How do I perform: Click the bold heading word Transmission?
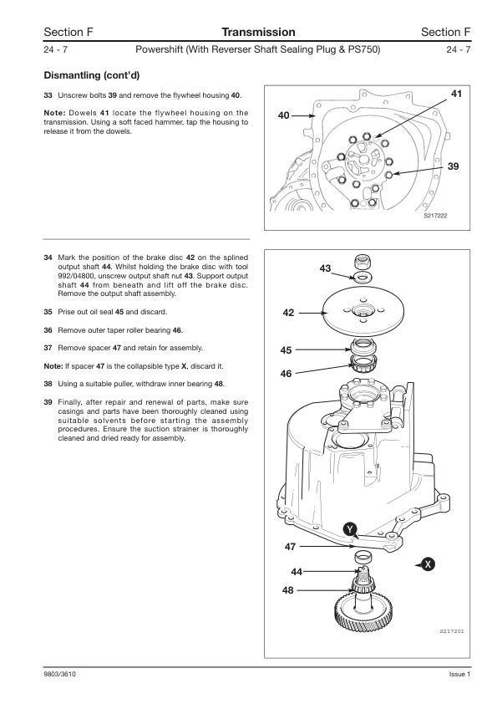pyautogui.click(x=258, y=32)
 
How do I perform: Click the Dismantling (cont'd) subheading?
pyautogui.click(x=92, y=75)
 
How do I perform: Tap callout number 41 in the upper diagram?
pyautogui.click(x=456, y=94)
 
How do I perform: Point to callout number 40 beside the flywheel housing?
pyautogui.click(x=283, y=116)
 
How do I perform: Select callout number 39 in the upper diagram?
pyautogui.click(x=454, y=166)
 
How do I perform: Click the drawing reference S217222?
pyautogui.click(x=435, y=216)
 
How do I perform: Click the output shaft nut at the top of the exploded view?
pyautogui.click(x=362, y=262)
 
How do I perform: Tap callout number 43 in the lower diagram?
pyautogui.click(x=325, y=268)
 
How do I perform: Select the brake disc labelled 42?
pyautogui.click(x=364, y=310)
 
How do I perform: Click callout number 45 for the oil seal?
pyautogui.click(x=286, y=350)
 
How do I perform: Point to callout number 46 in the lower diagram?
pyautogui.click(x=286, y=374)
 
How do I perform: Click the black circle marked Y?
pyautogui.click(x=350, y=529)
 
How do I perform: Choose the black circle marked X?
pyautogui.click(x=429, y=564)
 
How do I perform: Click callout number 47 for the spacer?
pyautogui.click(x=290, y=547)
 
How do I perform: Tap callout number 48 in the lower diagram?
pyautogui.click(x=287, y=590)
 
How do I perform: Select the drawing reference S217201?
pyautogui.click(x=452, y=632)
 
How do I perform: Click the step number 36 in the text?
pyautogui.click(x=48, y=330)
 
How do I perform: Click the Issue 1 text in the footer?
pyautogui.click(x=459, y=675)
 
